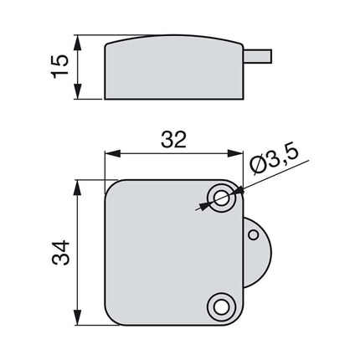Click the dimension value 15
(x=59, y=67)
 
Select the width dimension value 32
(x=172, y=141)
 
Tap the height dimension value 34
(x=59, y=252)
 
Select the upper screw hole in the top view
(x=222, y=198)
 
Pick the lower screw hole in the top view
(x=222, y=306)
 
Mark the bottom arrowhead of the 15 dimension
(x=78, y=93)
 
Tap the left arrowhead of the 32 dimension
(x=110, y=154)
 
